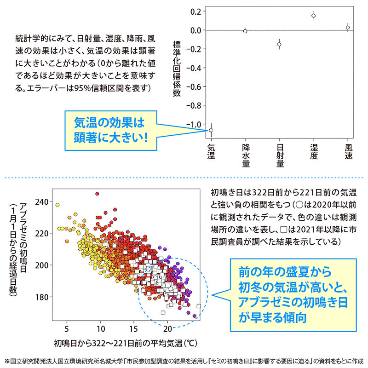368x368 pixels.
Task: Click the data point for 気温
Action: (211, 130)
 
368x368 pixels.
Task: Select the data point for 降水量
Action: (245, 31)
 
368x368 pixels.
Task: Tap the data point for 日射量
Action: (279, 44)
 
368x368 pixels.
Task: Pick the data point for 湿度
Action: (313, 16)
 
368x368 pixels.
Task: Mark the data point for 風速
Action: (348, 28)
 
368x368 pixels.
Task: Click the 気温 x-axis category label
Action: (211, 153)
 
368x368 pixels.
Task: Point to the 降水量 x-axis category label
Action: (245, 156)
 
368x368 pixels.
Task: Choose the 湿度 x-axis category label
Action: (314, 153)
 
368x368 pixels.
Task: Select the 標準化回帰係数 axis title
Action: (176, 69)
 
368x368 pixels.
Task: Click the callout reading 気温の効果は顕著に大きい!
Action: (109, 130)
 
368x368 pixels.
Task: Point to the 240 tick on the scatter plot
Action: (41, 201)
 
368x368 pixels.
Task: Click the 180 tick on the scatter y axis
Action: (41, 297)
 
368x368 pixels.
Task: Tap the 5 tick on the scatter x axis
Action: (67, 329)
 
